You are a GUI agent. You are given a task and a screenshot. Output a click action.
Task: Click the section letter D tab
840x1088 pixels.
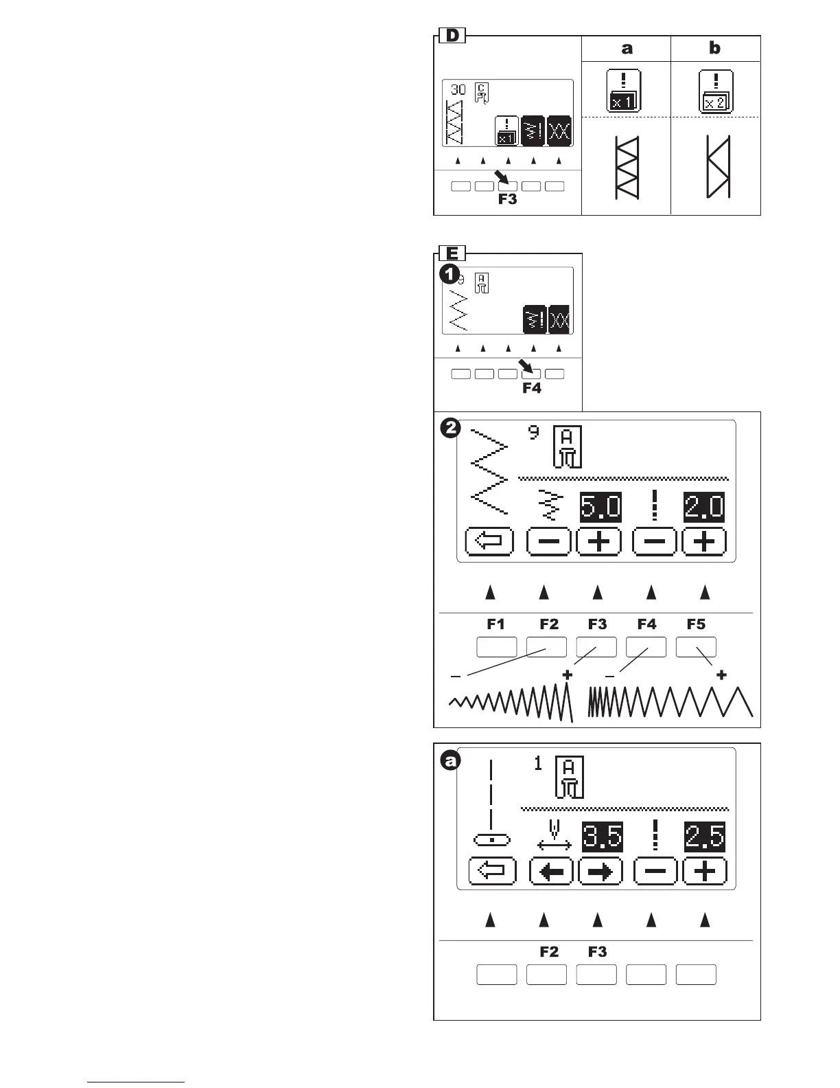pos(452,35)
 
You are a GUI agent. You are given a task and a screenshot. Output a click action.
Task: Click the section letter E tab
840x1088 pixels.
pos(452,253)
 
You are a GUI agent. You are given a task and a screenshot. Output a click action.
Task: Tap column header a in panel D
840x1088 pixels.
pos(626,48)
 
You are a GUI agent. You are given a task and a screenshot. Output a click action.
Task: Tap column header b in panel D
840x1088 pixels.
pos(714,48)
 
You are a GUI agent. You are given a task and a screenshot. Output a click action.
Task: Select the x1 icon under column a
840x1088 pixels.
pos(624,91)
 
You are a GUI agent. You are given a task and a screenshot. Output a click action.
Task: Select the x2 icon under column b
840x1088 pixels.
pos(715,91)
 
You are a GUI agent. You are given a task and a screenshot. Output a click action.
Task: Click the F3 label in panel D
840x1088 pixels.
pos(507,199)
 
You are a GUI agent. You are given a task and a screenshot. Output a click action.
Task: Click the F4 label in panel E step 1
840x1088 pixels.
pos(531,388)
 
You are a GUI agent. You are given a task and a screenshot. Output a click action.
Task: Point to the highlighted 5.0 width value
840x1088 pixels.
pos(600,507)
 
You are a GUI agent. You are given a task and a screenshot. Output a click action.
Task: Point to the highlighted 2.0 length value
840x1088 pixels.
pos(704,507)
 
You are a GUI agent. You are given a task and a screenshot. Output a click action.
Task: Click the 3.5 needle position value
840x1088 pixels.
pos(602,837)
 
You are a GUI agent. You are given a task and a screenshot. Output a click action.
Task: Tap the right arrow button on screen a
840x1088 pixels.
pos(600,872)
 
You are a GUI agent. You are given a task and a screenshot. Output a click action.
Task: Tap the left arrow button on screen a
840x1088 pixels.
pos(551,872)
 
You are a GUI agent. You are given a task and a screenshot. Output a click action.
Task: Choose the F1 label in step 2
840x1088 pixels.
pos(495,624)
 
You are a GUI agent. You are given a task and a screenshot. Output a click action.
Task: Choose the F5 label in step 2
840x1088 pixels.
pos(696,624)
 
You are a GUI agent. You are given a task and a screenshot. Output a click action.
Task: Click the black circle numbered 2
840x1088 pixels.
pos(450,429)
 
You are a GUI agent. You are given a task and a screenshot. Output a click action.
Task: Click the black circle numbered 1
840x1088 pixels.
pos(450,274)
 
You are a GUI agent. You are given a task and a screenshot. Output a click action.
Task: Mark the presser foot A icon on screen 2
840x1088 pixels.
pos(568,446)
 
